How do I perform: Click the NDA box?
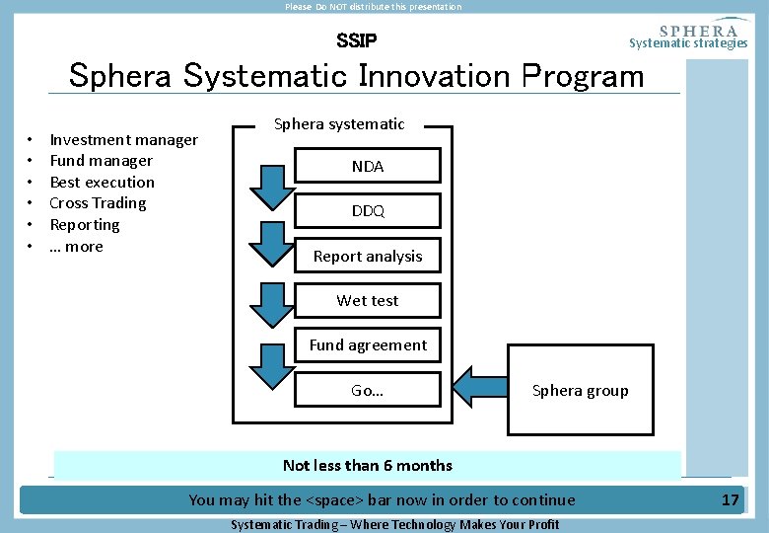(x=368, y=167)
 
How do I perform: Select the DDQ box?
(x=368, y=211)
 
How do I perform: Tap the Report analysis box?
(x=368, y=257)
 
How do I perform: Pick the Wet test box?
(x=368, y=301)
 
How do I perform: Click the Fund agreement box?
(x=368, y=345)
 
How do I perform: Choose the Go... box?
(x=368, y=390)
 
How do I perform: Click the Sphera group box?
(x=580, y=390)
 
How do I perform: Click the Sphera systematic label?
(x=339, y=124)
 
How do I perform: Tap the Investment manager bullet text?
(x=123, y=140)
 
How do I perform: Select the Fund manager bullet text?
(x=101, y=161)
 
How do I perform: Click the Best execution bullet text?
(x=102, y=183)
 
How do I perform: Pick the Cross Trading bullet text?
(x=98, y=203)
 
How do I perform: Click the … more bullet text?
(x=76, y=247)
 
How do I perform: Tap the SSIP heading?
(x=356, y=41)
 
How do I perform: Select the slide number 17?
(x=730, y=499)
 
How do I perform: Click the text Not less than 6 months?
(x=367, y=466)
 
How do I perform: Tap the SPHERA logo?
(x=697, y=31)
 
